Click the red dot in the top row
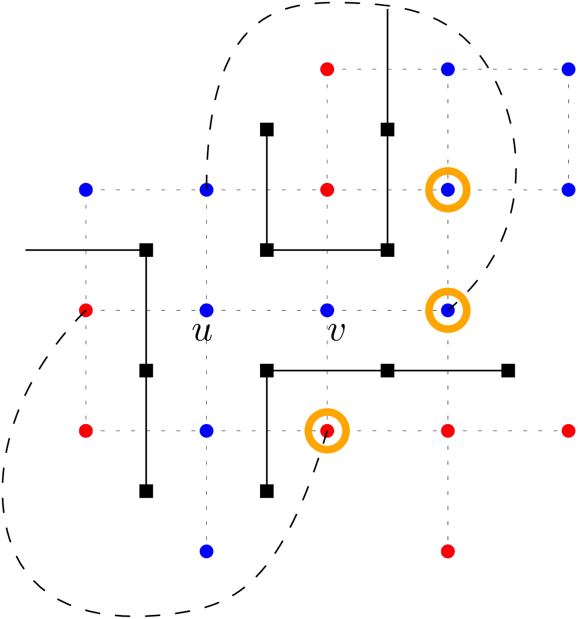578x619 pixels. point(327,69)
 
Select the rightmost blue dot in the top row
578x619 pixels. point(568,69)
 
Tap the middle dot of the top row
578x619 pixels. point(448,69)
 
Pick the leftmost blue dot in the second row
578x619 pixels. point(86,190)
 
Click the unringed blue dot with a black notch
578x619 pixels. point(207,190)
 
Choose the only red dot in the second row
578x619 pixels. point(327,190)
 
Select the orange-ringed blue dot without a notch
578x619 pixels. point(448,190)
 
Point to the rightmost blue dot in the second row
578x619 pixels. point(568,190)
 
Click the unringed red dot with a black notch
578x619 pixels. point(86,310)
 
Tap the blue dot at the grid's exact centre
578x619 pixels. point(327,310)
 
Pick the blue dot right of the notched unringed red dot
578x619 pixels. point(207,310)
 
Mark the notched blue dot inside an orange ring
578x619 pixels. point(448,310)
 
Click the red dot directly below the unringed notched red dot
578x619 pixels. point(86,431)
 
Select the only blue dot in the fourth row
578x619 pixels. point(207,431)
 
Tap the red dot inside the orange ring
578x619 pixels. point(327,431)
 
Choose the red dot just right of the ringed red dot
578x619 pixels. point(448,431)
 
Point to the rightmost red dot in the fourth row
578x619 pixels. point(568,431)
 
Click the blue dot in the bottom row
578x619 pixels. point(207,551)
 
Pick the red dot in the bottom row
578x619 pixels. point(448,551)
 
